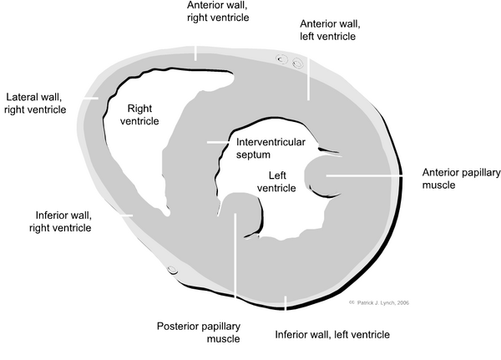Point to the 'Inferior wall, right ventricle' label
click(63, 220)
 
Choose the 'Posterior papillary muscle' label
click(199, 332)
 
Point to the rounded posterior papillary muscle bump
click(240, 206)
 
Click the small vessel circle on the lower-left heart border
click(173, 270)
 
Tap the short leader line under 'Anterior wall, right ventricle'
click(196, 52)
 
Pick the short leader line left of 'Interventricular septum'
click(216, 142)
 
